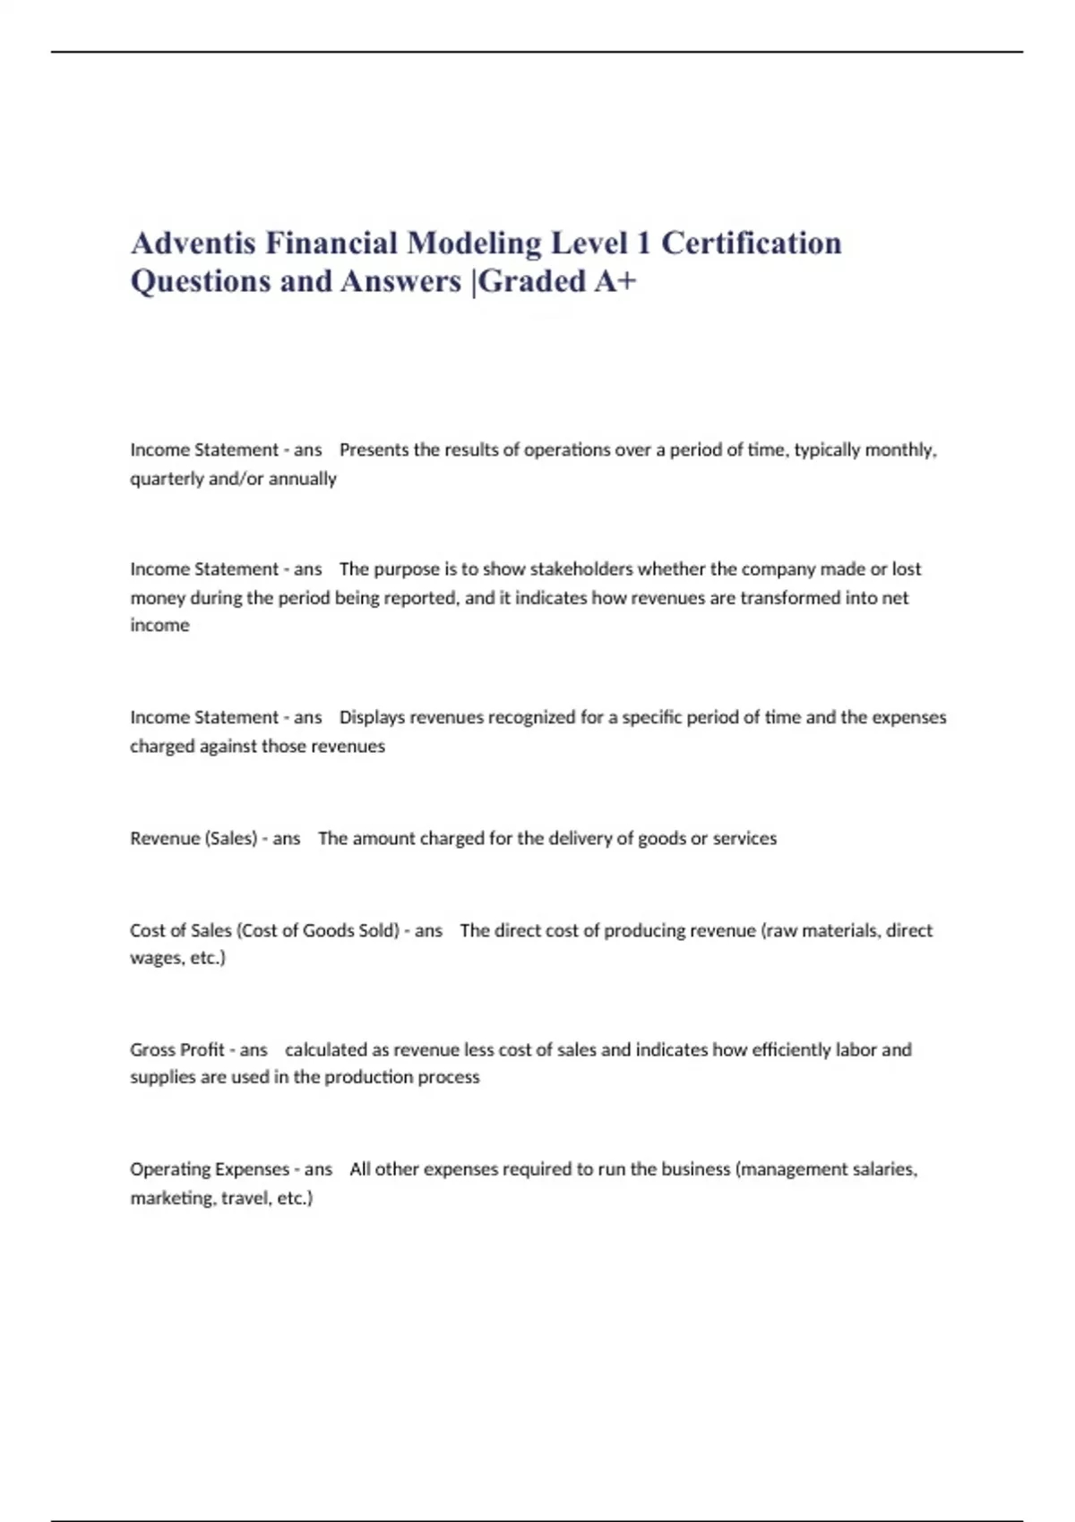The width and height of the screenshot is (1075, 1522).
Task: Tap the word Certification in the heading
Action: [x=751, y=243]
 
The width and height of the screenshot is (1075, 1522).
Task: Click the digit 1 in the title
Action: [x=642, y=243]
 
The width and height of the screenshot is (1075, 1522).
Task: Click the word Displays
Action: [x=372, y=717]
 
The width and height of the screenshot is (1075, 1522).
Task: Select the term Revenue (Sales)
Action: [x=193, y=839]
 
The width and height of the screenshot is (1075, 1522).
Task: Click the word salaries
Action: [x=881, y=1169]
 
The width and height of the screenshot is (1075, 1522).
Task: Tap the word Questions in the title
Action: [x=201, y=281]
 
